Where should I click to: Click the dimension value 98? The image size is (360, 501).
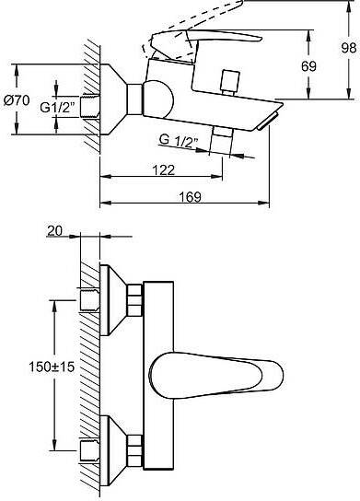click(349, 48)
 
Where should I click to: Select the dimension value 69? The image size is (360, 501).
click(308, 66)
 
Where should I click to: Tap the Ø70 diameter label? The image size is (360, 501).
click(17, 100)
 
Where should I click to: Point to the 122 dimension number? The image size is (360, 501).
click(164, 170)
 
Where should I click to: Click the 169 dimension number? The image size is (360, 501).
click(190, 197)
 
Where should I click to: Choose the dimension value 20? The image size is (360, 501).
click(55, 230)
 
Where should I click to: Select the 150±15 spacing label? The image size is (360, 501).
click(52, 367)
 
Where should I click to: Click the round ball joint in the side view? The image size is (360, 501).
click(158, 99)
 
